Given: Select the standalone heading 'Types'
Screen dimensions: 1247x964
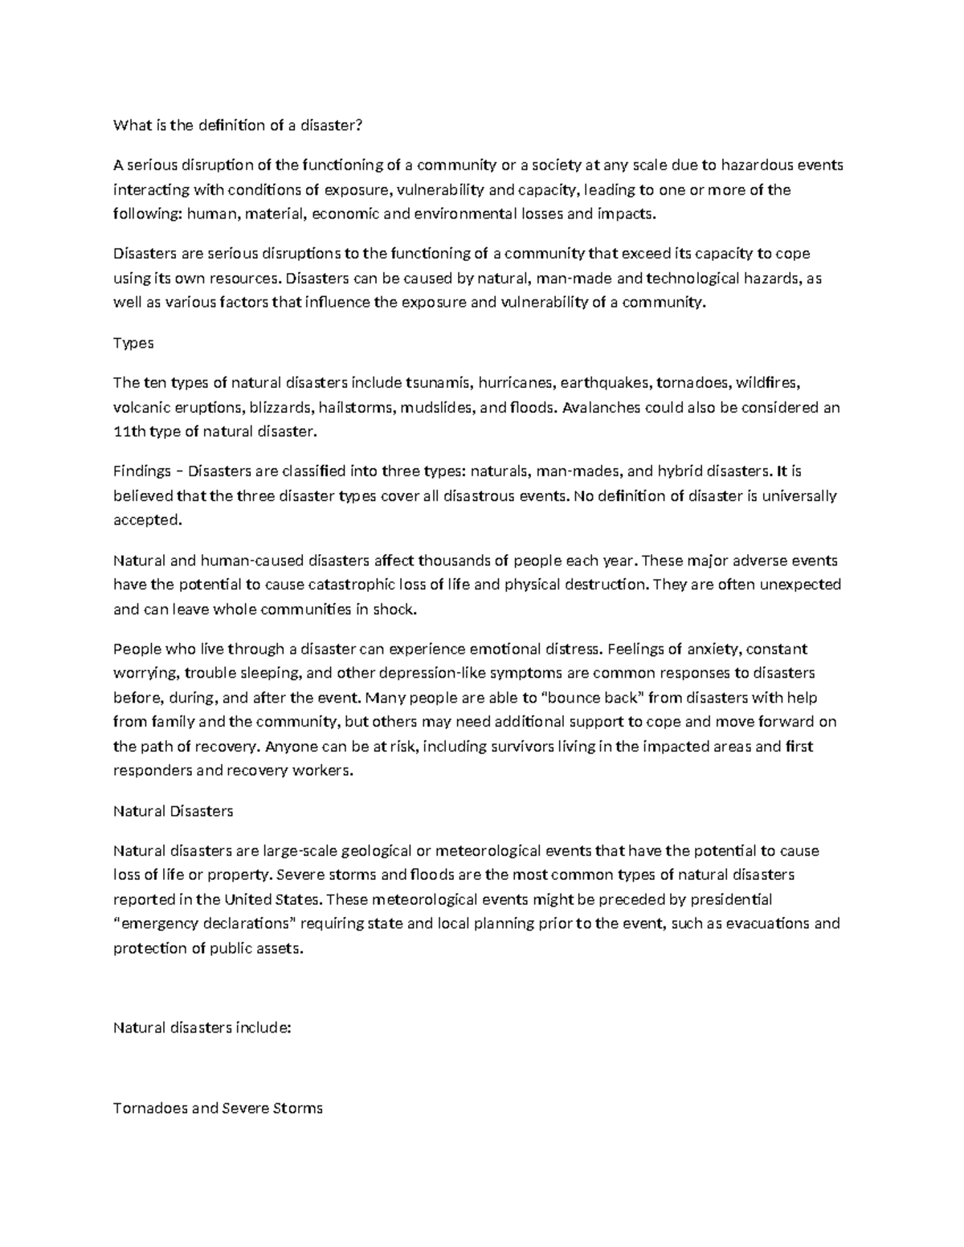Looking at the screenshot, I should [133, 343].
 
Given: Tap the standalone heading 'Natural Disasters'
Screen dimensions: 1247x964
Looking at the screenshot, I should [174, 811].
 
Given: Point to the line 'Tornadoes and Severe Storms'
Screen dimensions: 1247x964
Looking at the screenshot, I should [218, 1109].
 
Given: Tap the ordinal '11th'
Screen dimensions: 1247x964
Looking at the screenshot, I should [129, 432].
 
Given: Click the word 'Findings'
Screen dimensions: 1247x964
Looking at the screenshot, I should [142, 471].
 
